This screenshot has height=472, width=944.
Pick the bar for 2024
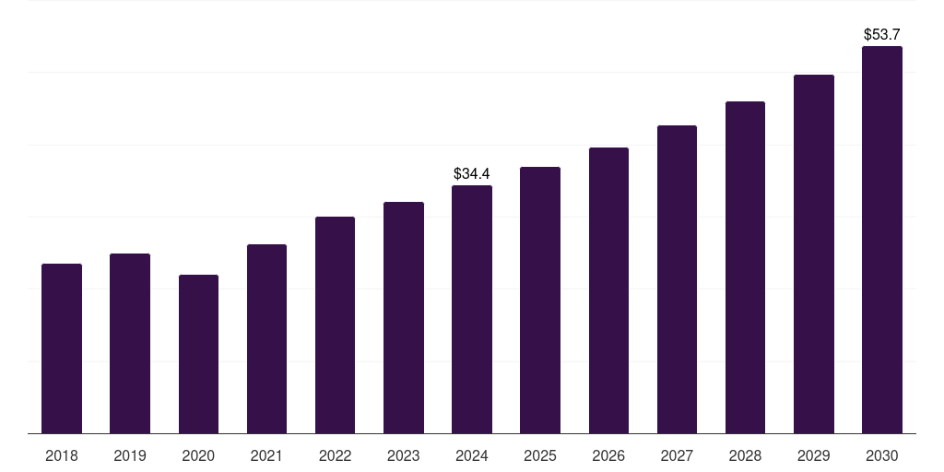click(x=472, y=309)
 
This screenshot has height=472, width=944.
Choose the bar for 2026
click(x=608, y=290)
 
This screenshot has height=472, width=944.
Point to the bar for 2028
click(x=745, y=267)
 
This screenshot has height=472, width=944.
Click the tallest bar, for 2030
click(x=881, y=240)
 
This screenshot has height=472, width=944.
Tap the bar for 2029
click(x=813, y=254)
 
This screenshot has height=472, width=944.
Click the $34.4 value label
click(x=472, y=173)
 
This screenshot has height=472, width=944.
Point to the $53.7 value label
click(x=881, y=34)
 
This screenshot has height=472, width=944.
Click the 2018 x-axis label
click(x=62, y=455)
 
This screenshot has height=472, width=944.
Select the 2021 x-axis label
click(x=266, y=455)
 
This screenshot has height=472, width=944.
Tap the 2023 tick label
click(x=403, y=455)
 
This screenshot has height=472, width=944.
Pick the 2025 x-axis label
click(x=540, y=455)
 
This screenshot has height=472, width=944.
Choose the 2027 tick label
click(x=677, y=455)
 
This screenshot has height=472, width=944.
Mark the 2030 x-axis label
click(x=881, y=455)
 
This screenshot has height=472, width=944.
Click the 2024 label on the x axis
click(x=472, y=455)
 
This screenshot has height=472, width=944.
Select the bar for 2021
click(x=266, y=338)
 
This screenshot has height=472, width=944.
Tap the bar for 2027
click(x=677, y=279)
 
